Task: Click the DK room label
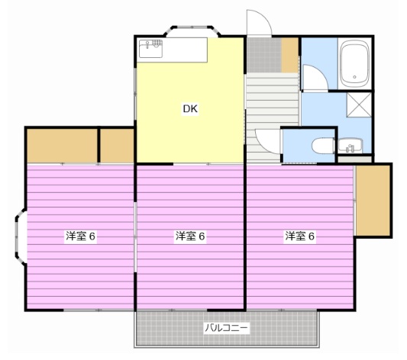coord(190,109)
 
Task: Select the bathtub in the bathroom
coord(354,64)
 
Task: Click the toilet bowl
coord(321,144)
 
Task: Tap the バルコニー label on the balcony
coord(226,328)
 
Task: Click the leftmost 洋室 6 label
coord(80,236)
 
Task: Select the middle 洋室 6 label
coord(190,236)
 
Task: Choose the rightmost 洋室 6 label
coord(300,236)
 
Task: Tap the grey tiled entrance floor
coord(263,54)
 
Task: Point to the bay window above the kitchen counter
coord(193,33)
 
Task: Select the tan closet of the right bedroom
coord(373,201)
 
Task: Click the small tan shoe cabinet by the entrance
coord(289,54)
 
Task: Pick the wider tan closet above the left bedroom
coord(62,145)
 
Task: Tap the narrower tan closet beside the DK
coord(117,145)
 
